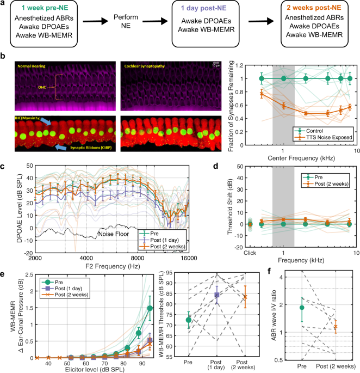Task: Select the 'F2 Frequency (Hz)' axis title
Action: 107,264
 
